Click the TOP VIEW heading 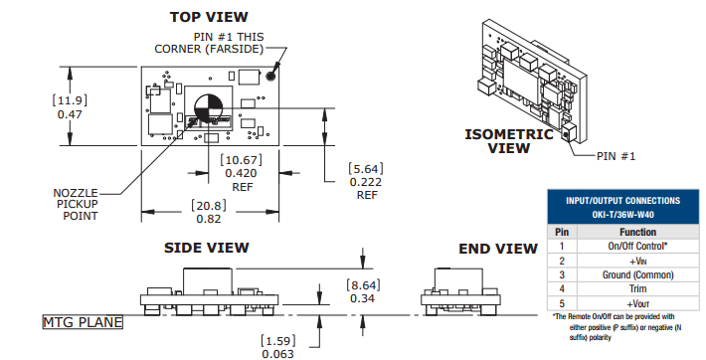click(209, 17)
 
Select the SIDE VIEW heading click(206, 248)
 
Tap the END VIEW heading click(498, 249)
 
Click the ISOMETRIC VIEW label click(509, 141)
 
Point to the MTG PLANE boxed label click(83, 322)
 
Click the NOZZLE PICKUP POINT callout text click(76, 204)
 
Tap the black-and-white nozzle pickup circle click(208, 108)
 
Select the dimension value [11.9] click(70, 100)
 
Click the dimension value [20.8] click(209, 206)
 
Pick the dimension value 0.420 click(241, 173)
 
